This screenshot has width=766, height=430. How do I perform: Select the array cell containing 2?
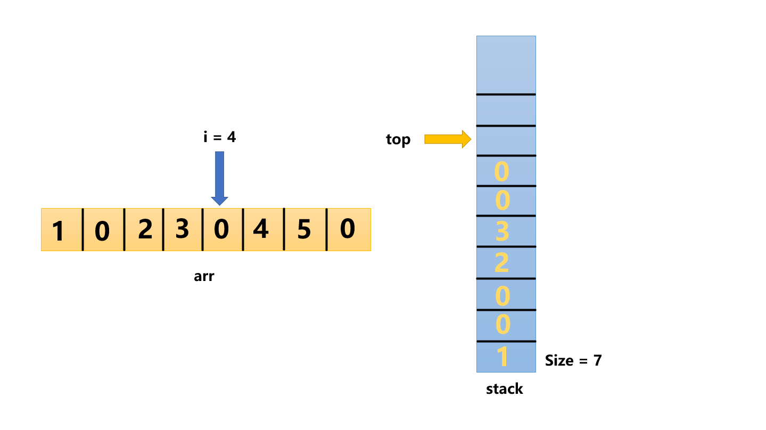pos(144,230)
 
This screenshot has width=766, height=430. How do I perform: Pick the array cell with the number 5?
pos(304,230)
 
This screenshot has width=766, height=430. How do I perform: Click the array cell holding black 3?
pos(182,230)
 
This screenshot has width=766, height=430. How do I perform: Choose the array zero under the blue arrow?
pos(222,230)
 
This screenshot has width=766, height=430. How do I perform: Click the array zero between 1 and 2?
pos(103,230)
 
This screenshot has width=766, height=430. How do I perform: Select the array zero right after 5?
pos(348,230)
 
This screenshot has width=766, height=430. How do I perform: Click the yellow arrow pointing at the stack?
pos(448,139)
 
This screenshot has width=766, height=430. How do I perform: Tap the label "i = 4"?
pos(219,137)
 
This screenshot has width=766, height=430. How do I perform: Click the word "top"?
pos(398,140)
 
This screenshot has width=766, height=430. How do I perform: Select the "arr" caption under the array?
pos(204,277)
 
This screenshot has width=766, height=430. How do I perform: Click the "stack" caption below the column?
pos(504,389)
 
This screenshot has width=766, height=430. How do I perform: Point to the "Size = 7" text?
pos(573,361)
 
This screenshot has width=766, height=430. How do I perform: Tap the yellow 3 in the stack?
pos(502,231)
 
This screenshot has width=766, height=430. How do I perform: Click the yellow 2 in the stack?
pos(502,262)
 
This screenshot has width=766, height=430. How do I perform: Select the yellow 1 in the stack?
pos(502,357)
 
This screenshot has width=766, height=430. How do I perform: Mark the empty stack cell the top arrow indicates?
pos(506,140)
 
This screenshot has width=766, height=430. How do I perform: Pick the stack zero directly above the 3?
pos(502,201)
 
